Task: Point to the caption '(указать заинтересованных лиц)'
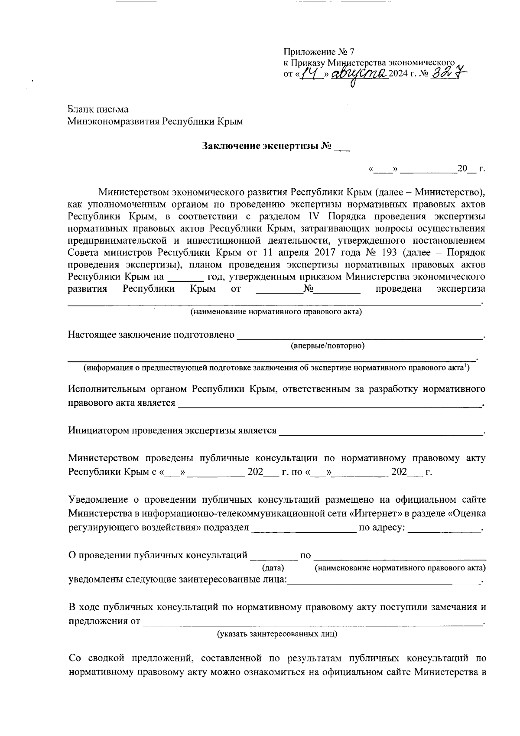tap(277, 634)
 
